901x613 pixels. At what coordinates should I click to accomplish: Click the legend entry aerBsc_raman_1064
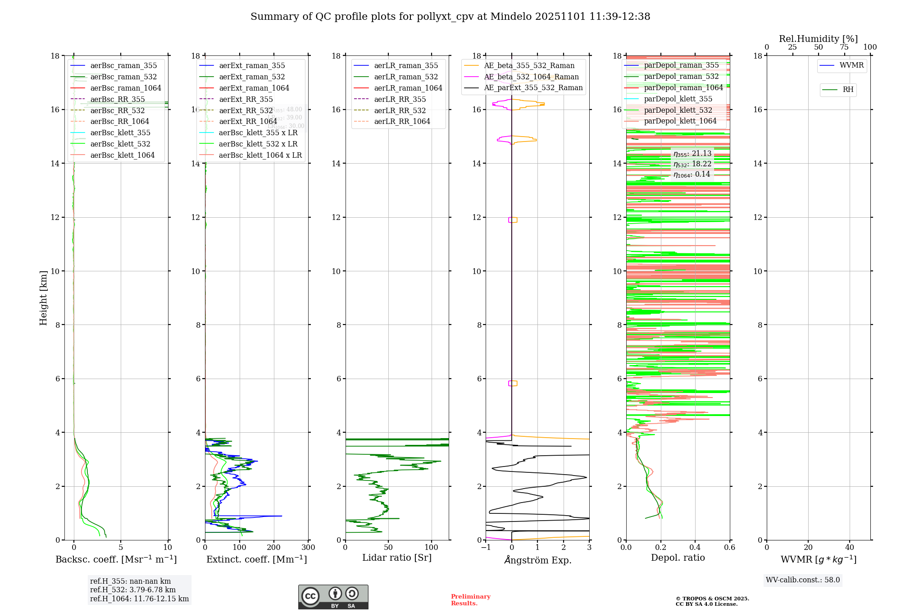[125, 88]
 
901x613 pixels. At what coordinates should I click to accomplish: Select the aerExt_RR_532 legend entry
[246, 110]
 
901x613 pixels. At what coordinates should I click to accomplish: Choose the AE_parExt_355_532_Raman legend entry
[533, 87]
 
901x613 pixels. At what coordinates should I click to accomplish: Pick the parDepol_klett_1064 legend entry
[680, 121]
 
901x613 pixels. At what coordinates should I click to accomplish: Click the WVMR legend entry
[851, 65]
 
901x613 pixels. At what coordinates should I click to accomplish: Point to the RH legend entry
[848, 90]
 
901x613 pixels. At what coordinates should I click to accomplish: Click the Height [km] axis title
[43, 298]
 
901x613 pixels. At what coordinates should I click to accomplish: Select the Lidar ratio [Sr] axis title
[397, 558]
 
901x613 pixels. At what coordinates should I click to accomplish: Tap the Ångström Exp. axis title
[538, 560]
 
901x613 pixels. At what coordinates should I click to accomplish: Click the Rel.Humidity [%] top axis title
[818, 39]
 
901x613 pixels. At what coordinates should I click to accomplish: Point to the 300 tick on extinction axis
[308, 548]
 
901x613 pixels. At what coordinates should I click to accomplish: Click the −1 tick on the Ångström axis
[486, 548]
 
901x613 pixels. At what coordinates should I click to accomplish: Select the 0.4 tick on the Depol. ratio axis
[695, 548]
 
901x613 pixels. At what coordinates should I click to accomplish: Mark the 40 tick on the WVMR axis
[850, 548]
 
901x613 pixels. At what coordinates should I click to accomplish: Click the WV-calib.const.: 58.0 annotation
[803, 580]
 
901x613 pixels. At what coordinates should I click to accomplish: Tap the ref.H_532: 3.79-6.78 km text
[132, 590]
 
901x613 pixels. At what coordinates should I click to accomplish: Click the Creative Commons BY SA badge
[333, 597]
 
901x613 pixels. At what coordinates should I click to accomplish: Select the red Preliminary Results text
[470, 600]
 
